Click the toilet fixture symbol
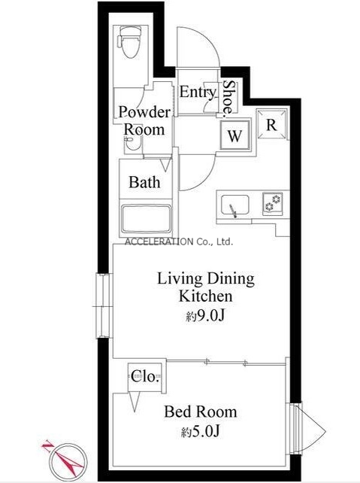pos(129,42)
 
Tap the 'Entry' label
pos(198,93)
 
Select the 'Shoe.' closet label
pos(229,99)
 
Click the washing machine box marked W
pos(234,135)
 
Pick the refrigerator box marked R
pos(271,124)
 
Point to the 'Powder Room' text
pos(144,120)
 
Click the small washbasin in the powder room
pos(133,144)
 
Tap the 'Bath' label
pos(144,182)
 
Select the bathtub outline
pos(146,218)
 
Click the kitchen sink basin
pos(234,205)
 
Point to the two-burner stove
pos(273,203)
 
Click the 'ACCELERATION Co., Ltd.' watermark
pos(179,241)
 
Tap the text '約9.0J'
pos(205,315)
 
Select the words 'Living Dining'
pos(206,279)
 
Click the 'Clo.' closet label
pos(145,376)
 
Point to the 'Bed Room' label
pos(201,412)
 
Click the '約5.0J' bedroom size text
pos(201,432)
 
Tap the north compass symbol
pos(65,460)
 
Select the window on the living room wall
pos(103,305)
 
